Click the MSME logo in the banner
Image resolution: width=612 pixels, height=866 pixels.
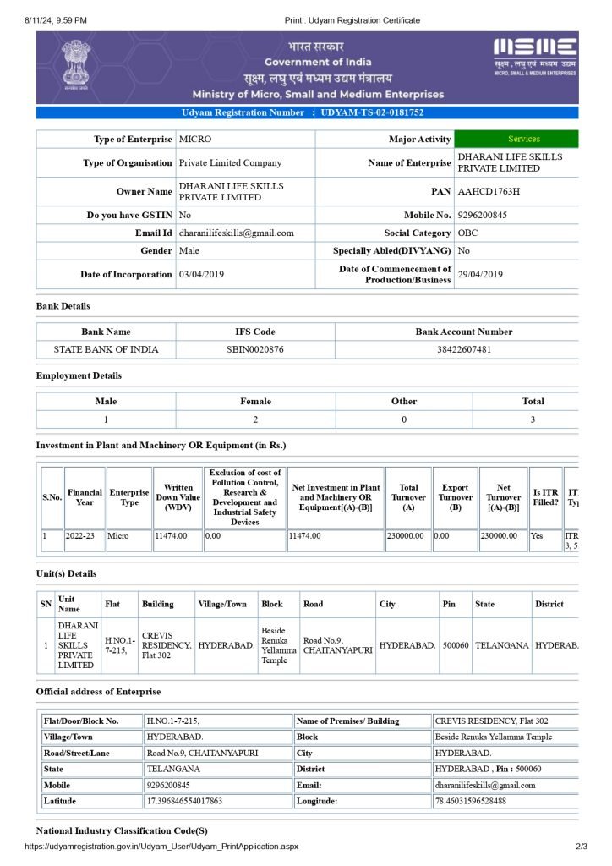point(534,56)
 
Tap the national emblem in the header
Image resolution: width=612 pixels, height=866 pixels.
point(77,64)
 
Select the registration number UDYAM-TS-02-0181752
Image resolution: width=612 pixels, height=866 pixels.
point(373,112)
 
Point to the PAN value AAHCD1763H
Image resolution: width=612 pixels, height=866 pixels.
point(489,191)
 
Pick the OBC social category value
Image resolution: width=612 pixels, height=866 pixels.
point(467,233)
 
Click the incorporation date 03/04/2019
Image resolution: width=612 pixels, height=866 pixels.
point(199,274)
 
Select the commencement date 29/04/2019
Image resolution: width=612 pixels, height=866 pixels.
point(480,274)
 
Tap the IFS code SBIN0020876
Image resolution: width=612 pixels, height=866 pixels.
point(255,349)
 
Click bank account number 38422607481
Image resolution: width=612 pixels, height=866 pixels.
point(463,349)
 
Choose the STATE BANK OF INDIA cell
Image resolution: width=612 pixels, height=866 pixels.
point(106,349)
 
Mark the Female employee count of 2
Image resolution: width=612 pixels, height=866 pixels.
point(255,419)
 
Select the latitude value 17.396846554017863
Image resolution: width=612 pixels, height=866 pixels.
point(184,800)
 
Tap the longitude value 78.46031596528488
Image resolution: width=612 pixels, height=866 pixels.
point(470,800)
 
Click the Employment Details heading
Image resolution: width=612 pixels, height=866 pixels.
point(79,375)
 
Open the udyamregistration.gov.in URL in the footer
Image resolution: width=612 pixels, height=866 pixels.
point(161,846)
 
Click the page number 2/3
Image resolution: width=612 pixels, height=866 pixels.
point(581,846)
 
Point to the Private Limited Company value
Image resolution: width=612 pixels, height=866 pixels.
point(231,162)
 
